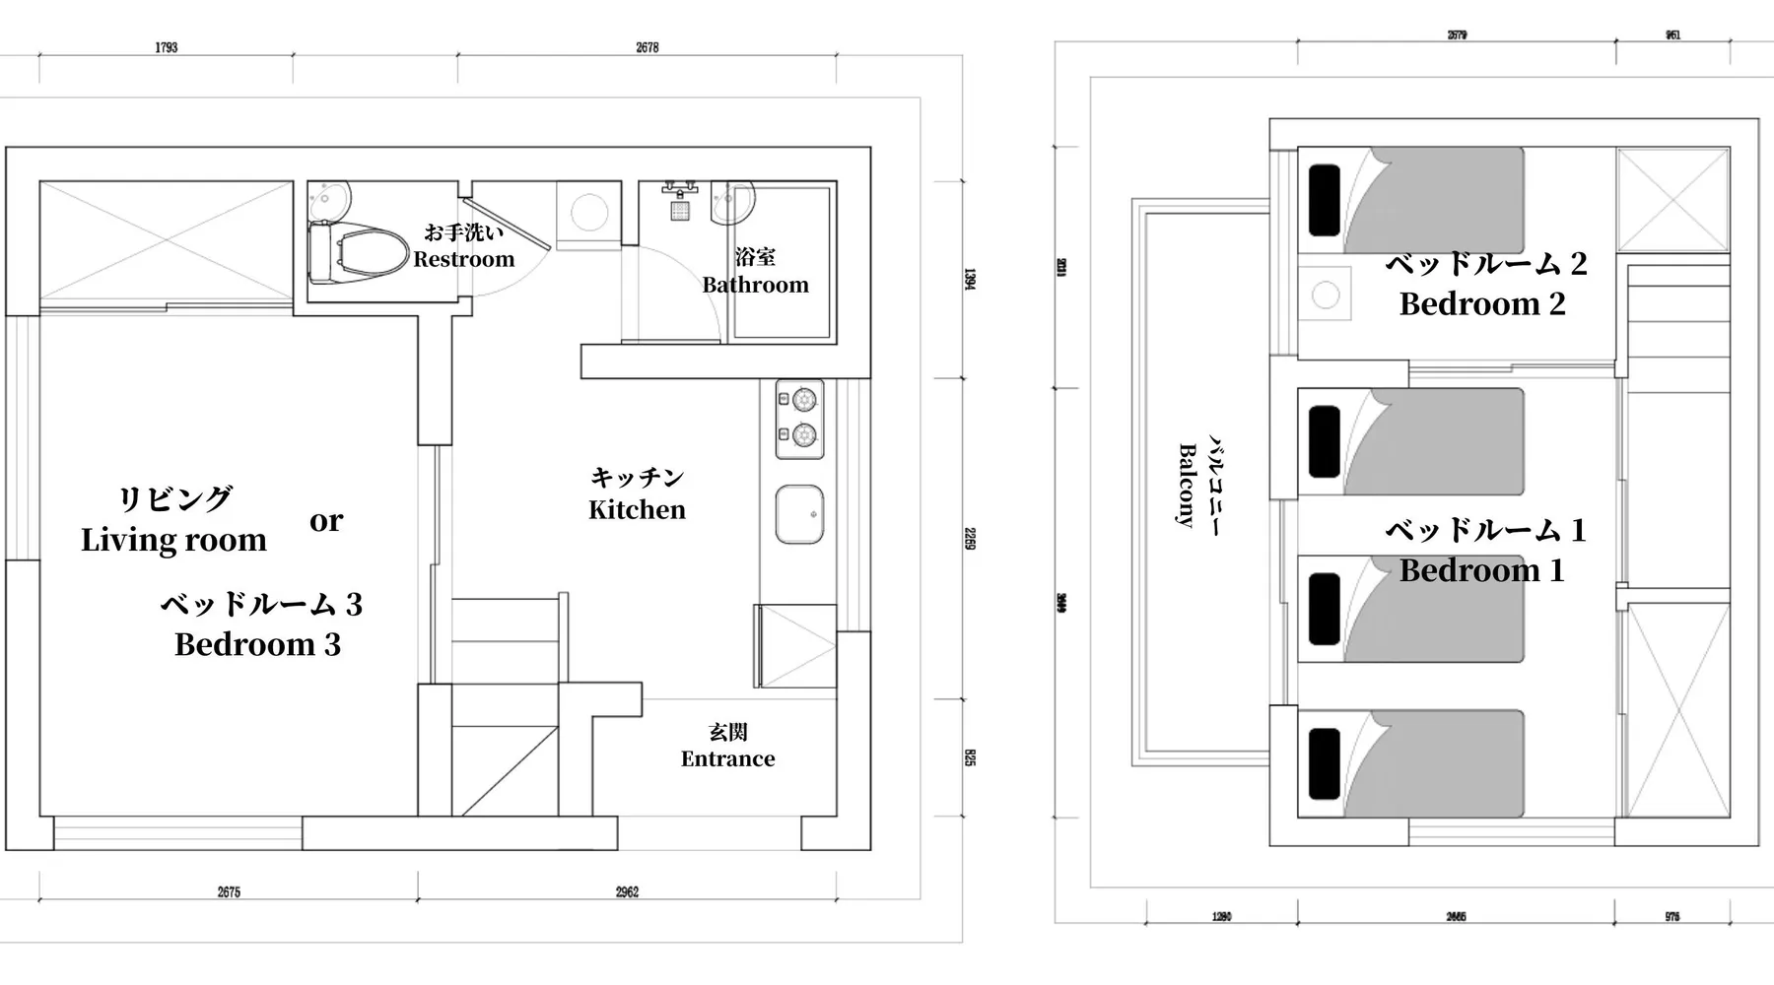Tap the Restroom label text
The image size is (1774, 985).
click(464, 259)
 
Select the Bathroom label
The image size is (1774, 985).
click(755, 285)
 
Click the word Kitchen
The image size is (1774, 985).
click(637, 509)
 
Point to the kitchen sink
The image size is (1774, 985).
click(799, 514)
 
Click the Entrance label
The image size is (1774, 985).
click(727, 758)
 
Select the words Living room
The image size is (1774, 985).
click(173, 540)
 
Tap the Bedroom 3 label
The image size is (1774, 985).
click(257, 644)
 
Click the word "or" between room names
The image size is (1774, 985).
click(326, 520)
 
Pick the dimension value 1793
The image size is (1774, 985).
click(166, 47)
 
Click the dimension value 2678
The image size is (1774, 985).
click(647, 47)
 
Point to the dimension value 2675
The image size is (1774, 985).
click(229, 892)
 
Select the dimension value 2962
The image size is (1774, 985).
click(627, 892)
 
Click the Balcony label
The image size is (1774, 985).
click(1189, 486)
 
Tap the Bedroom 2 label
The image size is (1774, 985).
click(1482, 303)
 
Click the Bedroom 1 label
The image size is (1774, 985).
click(1481, 570)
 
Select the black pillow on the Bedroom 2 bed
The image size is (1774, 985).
click(1325, 200)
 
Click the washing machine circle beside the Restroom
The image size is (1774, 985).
click(589, 213)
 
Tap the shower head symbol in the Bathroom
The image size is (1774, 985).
click(680, 210)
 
